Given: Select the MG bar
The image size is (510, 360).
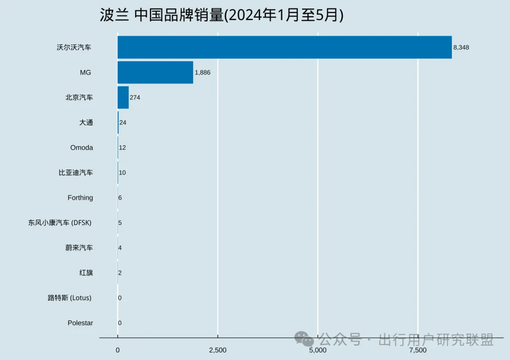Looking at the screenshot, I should pyautogui.click(x=155, y=72).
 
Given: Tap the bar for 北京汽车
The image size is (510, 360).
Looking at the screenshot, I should pyautogui.click(x=123, y=97).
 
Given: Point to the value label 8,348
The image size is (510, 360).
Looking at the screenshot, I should pyautogui.click(x=461, y=47).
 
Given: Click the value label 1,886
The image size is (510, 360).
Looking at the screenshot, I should pyautogui.click(x=202, y=72).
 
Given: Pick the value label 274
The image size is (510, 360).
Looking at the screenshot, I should pyautogui.click(x=135, y=97).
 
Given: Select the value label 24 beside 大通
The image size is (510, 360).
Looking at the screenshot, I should pyautogui.click(x=123, y=122).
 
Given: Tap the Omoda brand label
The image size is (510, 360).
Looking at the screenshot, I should pyautogui.click(x=82, y=147).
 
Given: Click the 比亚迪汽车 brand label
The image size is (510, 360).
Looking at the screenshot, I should pyautogui.click(x=76, y=172).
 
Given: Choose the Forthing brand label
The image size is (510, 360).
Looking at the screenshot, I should pyautogui.click(x=80, y=197).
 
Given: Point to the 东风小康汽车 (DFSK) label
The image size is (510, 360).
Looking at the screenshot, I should pyautogui.click(x=60, y=223).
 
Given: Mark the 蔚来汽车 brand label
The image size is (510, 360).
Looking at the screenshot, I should pyautogui.click(x=79, y=248).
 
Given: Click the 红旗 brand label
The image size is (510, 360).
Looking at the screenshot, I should pyautogui.click(x=86, y=273).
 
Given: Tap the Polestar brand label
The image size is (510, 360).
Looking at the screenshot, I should pyautogui.click(x=80, y=323).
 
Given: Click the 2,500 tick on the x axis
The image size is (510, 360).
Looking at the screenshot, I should pyautogui.click(x=217, y=350).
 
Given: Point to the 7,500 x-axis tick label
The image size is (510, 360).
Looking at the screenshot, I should pyautogui.click(x=418, y=350).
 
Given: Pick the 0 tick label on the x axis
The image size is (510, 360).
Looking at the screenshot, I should pyautogui.click(x=118, y=350).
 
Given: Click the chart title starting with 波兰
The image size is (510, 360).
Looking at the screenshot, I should pyautogui.click(x=221, y=15).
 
